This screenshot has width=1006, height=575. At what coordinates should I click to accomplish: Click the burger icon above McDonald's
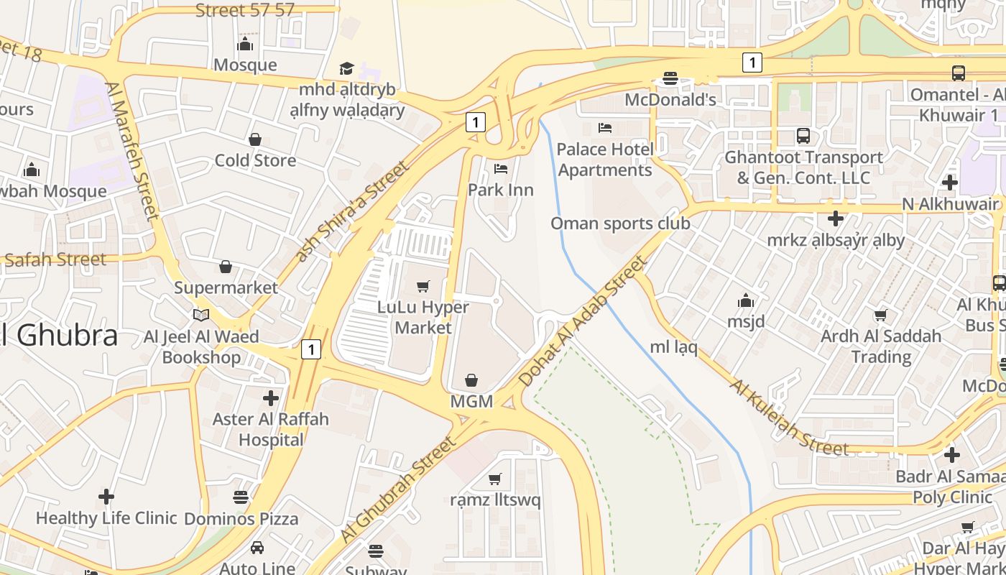[670, 78]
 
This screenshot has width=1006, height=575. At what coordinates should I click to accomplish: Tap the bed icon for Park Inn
[501, 169]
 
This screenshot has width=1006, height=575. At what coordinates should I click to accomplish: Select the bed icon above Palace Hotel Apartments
[605, 128]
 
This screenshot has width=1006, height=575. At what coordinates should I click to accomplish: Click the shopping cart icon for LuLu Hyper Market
[423, 286]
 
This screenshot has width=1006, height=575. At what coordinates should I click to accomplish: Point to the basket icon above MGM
[471, 379]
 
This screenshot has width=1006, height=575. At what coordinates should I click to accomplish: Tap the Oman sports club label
[620, 224]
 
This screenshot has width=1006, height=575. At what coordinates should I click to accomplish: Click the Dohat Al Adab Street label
[583, 321]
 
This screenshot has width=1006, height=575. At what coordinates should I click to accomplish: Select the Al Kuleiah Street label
[789, 418]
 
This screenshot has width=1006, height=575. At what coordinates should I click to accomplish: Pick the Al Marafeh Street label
[131, 150]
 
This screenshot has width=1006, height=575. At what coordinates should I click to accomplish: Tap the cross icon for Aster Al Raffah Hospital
[271, 397]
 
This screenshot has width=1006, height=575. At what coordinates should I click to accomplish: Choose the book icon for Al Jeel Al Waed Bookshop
[201, 315]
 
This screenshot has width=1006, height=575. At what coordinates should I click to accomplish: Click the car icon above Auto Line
[257, 548]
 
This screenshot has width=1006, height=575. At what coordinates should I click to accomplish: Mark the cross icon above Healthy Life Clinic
[106, 497]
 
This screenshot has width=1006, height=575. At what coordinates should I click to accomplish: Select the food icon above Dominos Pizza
[240, 497]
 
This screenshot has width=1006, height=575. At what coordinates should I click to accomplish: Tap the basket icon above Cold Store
[255, 139]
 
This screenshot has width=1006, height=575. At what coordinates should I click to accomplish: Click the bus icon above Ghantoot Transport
[803, 135]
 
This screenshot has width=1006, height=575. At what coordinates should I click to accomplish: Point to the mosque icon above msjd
[746, 300]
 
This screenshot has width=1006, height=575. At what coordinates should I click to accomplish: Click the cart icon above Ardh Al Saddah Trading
[881, 315]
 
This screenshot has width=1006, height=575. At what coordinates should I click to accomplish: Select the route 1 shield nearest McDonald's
[752, 63]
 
